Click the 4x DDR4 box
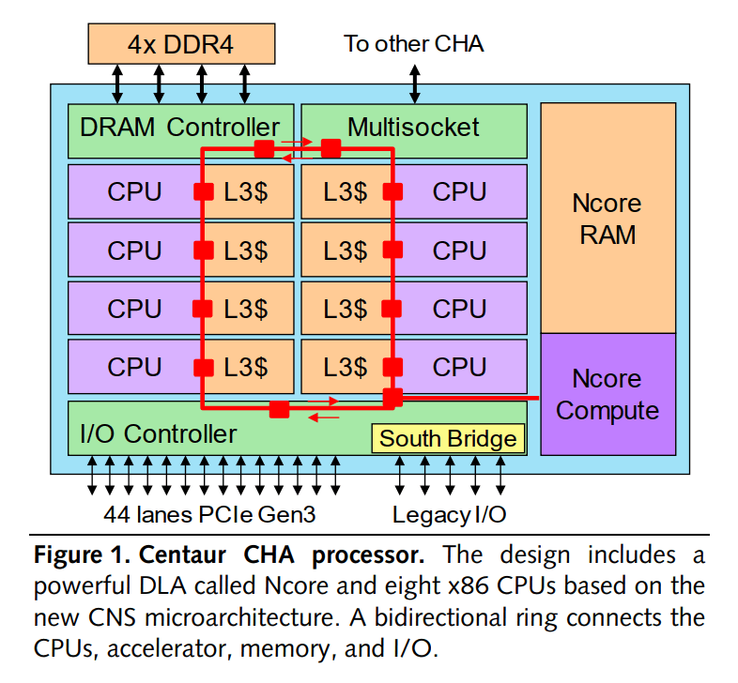point(181,43)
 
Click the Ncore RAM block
point(607,218)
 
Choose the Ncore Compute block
point(607,394)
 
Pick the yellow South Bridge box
point(448,438)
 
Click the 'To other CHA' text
point(413,43)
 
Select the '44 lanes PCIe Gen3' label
point(212,514)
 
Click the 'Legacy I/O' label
point(450,514)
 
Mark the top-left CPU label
point(134,192)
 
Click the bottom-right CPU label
point(459,367)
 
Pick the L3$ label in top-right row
point(346,192)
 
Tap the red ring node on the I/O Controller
point(278,409)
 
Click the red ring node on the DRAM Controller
point(265,148)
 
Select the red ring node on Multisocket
point(331,148)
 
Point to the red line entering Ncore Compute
point(469,398)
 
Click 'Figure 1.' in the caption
point(76,554)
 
